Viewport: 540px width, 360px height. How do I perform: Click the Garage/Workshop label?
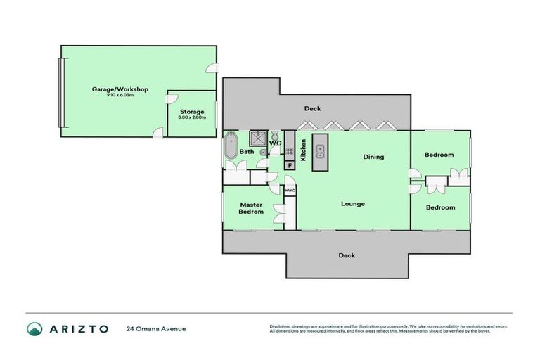click(x=120, y=89)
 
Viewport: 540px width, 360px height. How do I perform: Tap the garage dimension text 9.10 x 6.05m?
click(x=120, y=95)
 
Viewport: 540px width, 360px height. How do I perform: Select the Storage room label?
click(x=191, y=111)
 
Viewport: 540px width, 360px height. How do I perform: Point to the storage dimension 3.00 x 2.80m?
click(x=191, y=117)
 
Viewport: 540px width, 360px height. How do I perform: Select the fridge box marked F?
click(x=289, y=165)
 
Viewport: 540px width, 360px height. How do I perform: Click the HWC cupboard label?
click(x=289, y=190)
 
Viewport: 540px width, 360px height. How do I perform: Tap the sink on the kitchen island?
click(x=321, y=149)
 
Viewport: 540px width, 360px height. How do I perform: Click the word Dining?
click(x=373, y=157)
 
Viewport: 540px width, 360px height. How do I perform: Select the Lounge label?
click(x=352, y=204)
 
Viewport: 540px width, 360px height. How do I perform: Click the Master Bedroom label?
click(x=250, y=208)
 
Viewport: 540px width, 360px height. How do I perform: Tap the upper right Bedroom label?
click(x=439, y=155)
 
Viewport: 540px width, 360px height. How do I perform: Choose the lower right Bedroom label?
click(x=440, y=207)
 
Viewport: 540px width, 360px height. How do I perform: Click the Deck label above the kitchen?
click(x=312, y=109)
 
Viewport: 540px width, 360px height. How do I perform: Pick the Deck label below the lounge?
click(x=346, y=255)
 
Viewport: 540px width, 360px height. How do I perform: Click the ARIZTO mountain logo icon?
click(x=34, y=328)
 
